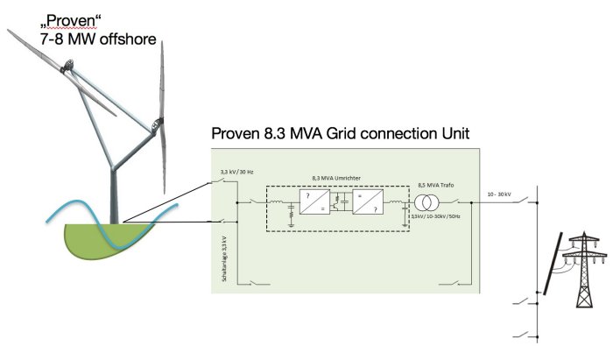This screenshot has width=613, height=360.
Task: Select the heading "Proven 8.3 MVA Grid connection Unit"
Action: click(x=342, y=134)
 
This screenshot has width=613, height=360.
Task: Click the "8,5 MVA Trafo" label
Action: click(x=436, y=186)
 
